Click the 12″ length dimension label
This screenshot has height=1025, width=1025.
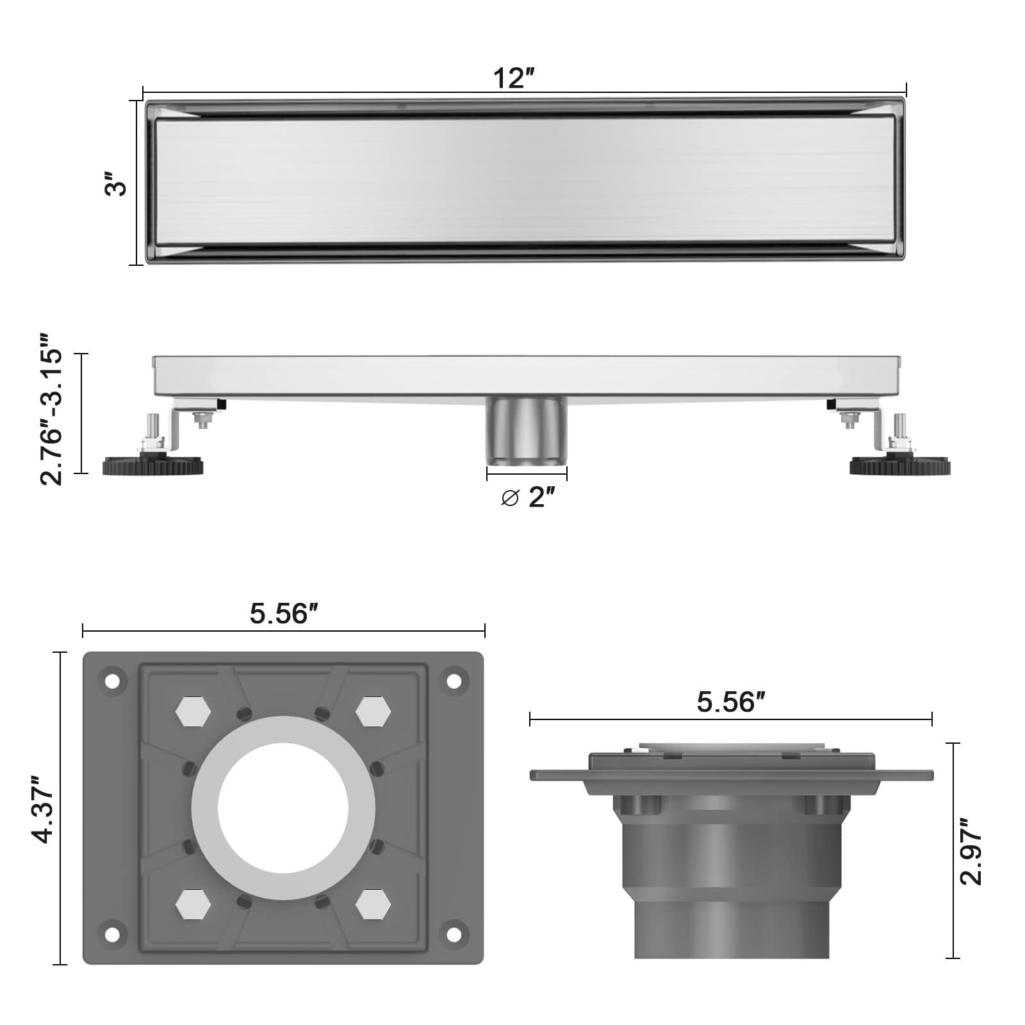513,79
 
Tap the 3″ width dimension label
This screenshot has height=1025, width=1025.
116,184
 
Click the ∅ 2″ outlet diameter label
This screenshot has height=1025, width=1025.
527,496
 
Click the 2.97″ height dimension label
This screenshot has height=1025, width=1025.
971,855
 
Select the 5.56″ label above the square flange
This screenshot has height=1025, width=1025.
284,614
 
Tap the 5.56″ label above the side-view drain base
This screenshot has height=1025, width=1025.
731,702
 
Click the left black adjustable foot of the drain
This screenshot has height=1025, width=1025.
153,464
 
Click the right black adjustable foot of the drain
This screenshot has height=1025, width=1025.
900,465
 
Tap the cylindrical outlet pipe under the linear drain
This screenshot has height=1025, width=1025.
527,431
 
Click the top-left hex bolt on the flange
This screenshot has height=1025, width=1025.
193,711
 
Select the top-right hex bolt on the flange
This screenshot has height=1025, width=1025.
373,711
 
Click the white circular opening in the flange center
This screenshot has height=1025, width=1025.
283,808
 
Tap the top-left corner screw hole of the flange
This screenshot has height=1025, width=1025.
112,681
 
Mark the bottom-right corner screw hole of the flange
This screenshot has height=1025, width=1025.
454,935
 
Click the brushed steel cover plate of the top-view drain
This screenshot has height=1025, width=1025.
525,181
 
